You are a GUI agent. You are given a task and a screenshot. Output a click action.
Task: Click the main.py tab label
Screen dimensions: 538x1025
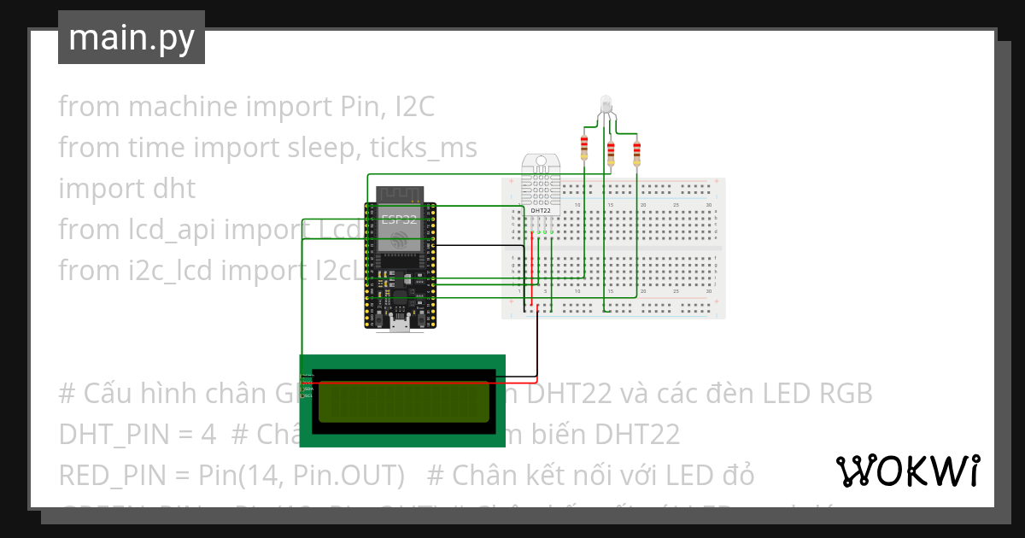pyautogui.click(x=131, y=38)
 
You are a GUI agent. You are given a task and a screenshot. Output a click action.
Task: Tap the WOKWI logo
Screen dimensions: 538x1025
pyautogui.click(x=907, y=471)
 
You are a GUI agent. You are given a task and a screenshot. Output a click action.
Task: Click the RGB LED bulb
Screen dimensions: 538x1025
pyautogui.click(x=606, y=103)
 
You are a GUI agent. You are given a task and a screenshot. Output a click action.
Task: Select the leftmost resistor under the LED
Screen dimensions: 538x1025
pyautogui.click(x=584, y=148)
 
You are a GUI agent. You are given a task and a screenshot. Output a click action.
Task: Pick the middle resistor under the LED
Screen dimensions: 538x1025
pyautogui.click(x=611, y=154)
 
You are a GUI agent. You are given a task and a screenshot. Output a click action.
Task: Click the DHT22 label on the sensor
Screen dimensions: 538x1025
pyautogui.click(x=540, y=210)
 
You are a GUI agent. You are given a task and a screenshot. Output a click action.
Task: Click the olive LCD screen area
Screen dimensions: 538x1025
pyautogui.click(x=402, y=401)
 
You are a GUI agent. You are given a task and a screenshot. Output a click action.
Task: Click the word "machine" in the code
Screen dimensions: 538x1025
pyautogui.click(x=182, y=107)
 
